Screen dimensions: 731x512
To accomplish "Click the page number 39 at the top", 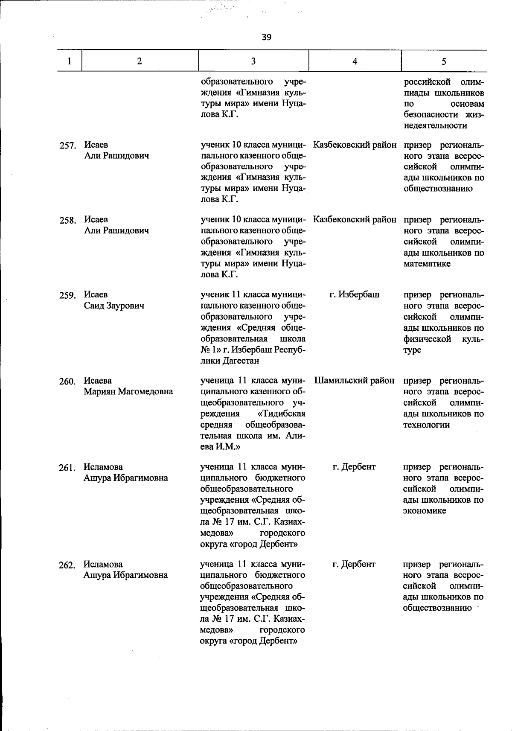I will pyautogui.click(x=266, y=37).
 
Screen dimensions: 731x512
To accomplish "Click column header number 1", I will pyautogui.click(x=69, y=61).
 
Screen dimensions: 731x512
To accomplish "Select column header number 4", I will pyautogui.click(x=355, y=61).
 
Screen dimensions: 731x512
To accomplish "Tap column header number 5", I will pyautogui.click(x=444, y=61).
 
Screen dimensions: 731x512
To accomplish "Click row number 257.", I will pyautogui.click(x=67, y=146).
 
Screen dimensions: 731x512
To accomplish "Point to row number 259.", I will pyautogui.click(x=67, y=295).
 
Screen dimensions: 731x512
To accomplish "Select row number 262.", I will pyautogui.click(x=67, y=565).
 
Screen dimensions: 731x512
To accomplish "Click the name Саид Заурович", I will pyautogui.click(x=114, y=306).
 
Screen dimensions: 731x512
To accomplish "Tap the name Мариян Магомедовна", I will pyautogui.click(x=128, y=392).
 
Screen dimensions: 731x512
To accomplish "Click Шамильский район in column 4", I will pyautogui.click(x=354, y=381).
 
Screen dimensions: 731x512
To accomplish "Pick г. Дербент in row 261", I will pyautogui.click(x=354, y=467).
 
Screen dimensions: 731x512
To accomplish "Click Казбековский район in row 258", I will pyautogui.click(x=355, y=220).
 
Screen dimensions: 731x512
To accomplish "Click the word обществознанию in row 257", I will pyautogui.click(x=438, y=189).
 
